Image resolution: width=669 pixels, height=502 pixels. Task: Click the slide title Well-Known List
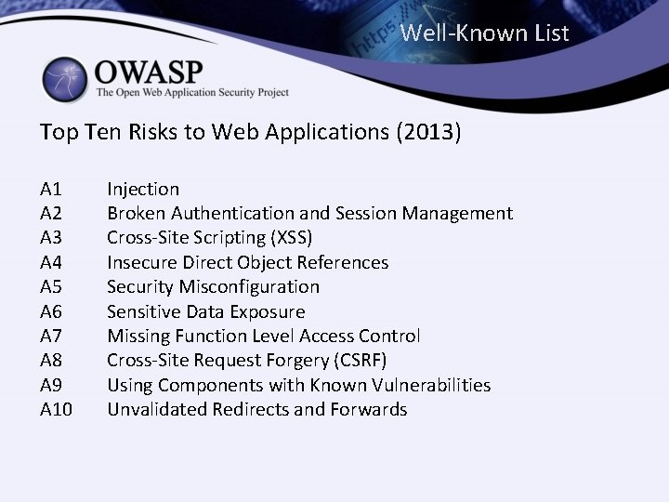point(484,34)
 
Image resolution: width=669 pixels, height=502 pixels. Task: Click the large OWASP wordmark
point(149,71)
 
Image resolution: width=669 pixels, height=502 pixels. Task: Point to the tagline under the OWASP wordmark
point(192,93)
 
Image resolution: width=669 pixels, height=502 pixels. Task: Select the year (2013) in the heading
point(428,132)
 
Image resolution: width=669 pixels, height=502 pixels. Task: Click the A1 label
point(51,190)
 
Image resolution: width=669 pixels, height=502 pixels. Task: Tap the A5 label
point(52,287)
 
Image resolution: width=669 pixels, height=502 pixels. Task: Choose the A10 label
point(57,409)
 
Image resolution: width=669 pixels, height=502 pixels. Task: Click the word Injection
point(143,190)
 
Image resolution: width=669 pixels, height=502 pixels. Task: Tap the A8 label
point(52,360)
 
